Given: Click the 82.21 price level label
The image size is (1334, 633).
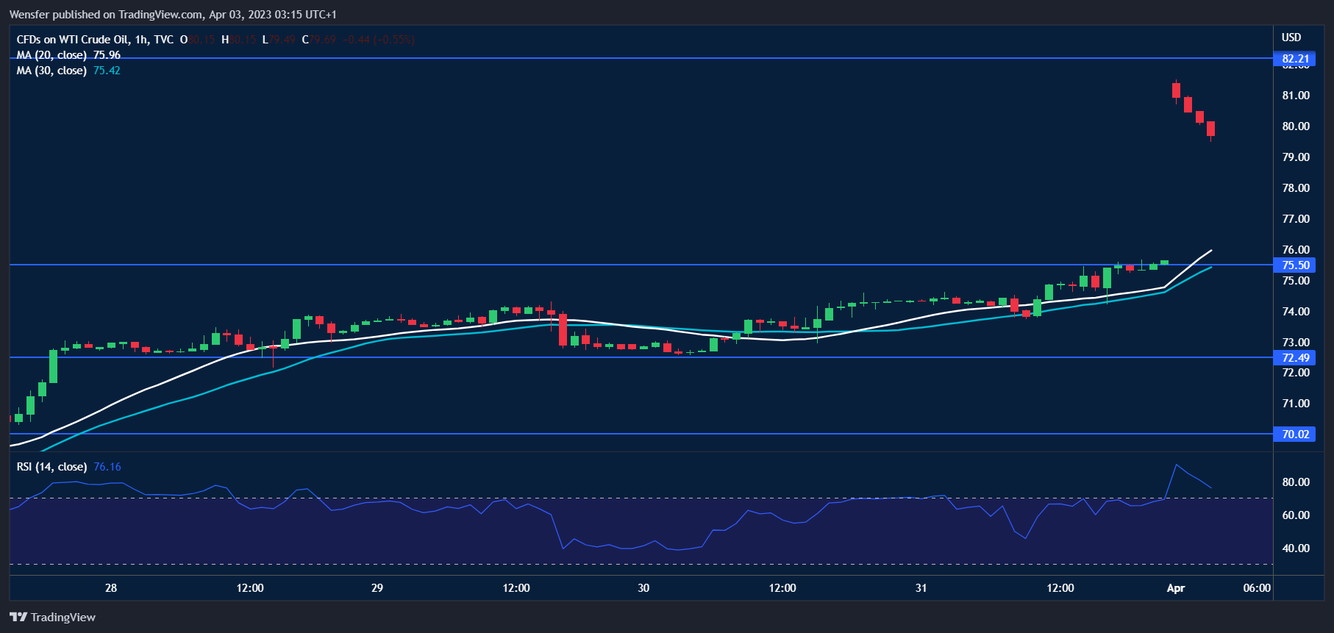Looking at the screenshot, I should point(1295,59).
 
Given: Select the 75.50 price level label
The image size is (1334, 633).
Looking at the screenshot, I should point(1295,265).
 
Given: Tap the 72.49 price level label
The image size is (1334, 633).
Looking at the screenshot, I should point(1295,358).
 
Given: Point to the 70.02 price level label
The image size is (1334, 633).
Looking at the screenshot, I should point(1295,434).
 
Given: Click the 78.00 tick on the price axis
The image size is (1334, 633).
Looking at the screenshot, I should point(1296,188).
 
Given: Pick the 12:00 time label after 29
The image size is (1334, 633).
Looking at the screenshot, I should point(516,588).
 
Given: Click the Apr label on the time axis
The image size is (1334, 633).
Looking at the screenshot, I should point(1176,588).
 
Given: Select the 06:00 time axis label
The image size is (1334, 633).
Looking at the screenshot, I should point(1257,588).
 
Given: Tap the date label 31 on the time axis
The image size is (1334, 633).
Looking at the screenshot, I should point(921,588).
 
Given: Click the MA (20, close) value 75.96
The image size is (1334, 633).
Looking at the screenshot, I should point(107,55).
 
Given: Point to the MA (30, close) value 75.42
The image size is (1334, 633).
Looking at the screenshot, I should point(107,71).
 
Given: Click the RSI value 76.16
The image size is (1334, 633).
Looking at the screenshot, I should point(107,467).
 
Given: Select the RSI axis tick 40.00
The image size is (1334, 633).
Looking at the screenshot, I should point(1296,548).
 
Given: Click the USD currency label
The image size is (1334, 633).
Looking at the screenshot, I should point(1291,37).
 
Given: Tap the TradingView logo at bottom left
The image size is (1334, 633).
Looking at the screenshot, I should point(53,618).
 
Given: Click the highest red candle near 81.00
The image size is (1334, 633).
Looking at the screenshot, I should point(1177,90).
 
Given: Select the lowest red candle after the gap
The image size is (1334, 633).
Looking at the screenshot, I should point(1210,129).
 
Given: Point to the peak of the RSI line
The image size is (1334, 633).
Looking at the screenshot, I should point(1177,465).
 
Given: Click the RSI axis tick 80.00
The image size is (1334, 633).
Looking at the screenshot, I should point(1296,482).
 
